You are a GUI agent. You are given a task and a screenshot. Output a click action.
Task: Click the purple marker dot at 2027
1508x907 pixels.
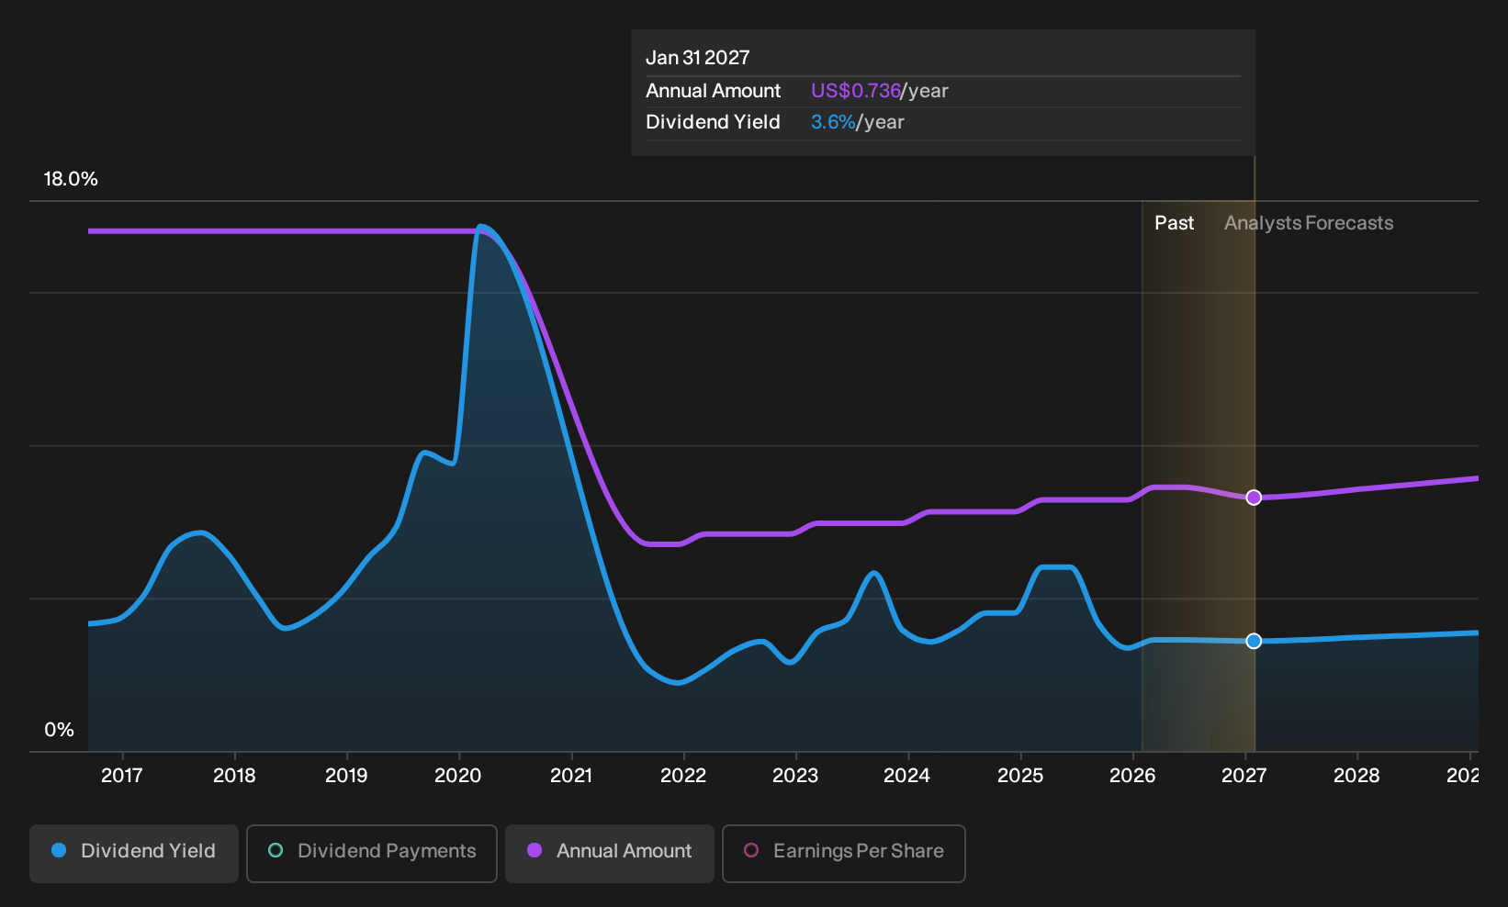pyautogui.click(x=1254, y=498)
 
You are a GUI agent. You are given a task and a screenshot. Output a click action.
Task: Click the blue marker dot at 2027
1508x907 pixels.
pyautogui.click(x=1254, y=641)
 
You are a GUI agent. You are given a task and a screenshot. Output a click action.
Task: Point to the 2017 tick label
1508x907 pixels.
pyautogui.click(x=122, y=776)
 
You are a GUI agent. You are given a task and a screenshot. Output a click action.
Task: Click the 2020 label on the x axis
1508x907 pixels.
pyautogui.click(x=457, y=776)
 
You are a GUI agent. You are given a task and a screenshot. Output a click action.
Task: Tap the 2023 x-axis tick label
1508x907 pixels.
pyautogui.click(x=795, y=776)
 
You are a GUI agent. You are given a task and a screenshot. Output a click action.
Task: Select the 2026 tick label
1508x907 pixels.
pyautogui.click(x=1132, y=776)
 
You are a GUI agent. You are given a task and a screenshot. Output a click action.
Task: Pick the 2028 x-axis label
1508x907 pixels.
pyautogui.click(x=1356, y=776)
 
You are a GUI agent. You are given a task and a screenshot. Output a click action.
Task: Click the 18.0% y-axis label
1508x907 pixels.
pyautogui.click(x=71, y=179)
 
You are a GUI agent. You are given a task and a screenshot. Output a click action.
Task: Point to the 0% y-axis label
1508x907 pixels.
pyautogui.click(x=60, y=730)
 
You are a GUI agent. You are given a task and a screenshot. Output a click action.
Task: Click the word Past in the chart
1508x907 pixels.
pyautogui.click(x=1174, y=223)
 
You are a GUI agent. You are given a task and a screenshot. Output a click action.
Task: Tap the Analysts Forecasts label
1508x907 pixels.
pyautogui.click(x=1309, y=223)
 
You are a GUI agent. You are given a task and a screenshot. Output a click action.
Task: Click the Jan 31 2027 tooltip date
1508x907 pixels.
pyautogui.click(x=697, y=58)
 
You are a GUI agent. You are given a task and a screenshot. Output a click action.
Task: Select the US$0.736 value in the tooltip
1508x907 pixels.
pyautogui.click(x=856, y=90)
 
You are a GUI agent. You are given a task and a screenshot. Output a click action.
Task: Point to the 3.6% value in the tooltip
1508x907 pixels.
pyautogui.click(x=833, y=122)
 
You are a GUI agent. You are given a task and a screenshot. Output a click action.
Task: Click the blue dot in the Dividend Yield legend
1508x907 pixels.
pyautogui.click(x=60, y=850)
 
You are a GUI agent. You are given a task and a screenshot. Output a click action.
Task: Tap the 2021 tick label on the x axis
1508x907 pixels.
pyautogui.click(x=571, y=776)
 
